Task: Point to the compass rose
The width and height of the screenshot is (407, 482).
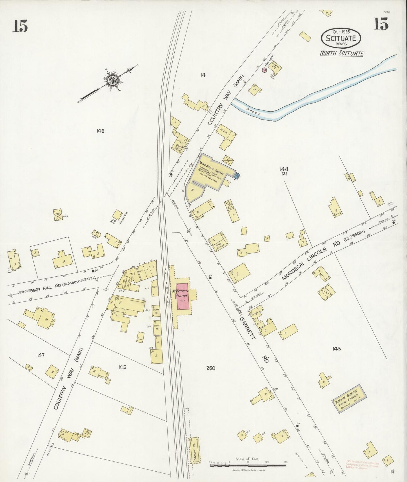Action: [x=113, y=80]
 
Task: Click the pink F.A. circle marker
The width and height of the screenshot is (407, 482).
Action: [x=264, y=70]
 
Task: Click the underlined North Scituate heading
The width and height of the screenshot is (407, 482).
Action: [x=341, y=53]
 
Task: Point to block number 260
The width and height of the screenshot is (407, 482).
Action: [x=210, y=368]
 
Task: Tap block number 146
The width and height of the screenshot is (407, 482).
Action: [x=100, y=131]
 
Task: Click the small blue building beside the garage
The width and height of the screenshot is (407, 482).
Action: [x=237, y=176]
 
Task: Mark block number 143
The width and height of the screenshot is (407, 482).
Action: [x=337, y=349]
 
